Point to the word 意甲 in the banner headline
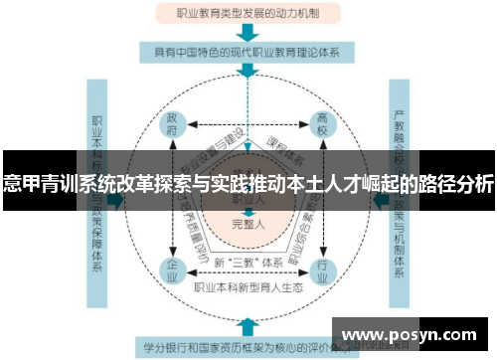pyautogui.click(x=21, y=184)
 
